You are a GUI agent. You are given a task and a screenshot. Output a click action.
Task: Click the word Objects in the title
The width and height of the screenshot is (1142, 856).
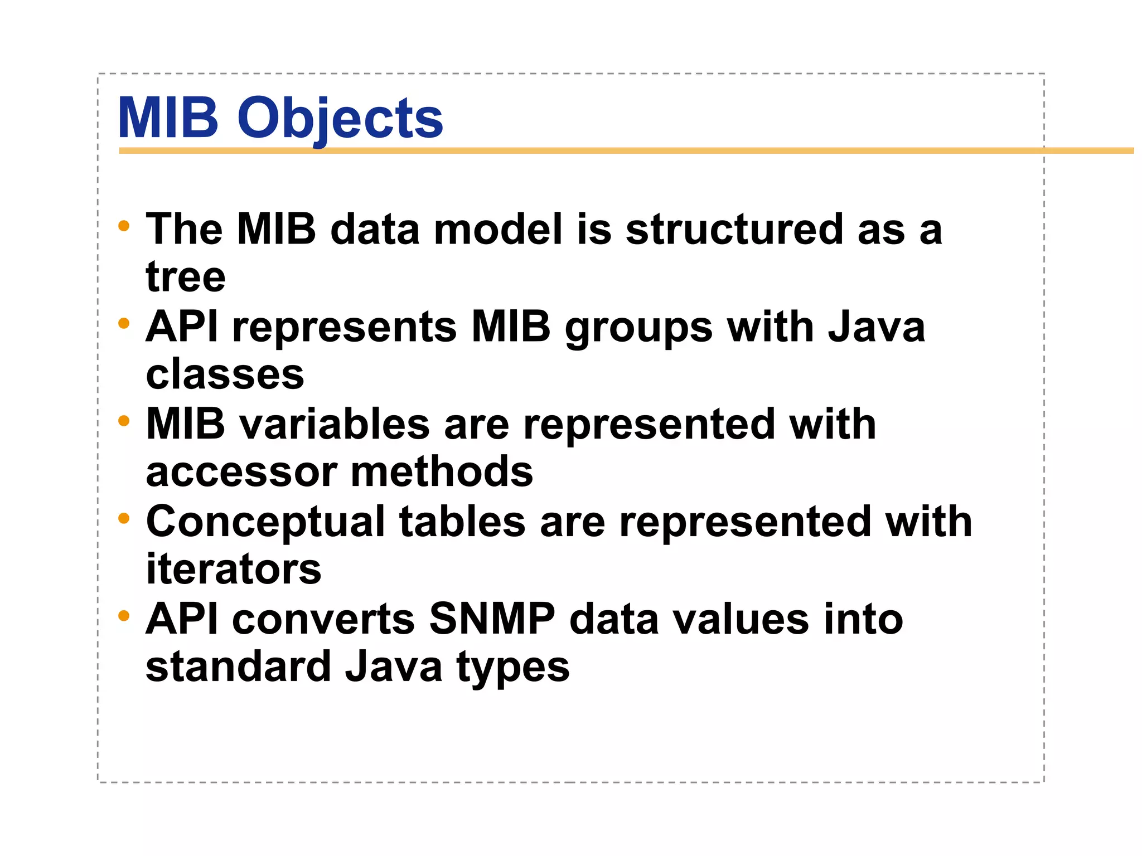(x=340, y=119)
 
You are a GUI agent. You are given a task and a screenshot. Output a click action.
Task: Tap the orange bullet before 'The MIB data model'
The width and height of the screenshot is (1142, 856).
(x=124, y=226)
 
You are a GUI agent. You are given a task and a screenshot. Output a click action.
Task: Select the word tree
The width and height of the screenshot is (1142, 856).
(x=186, y=277)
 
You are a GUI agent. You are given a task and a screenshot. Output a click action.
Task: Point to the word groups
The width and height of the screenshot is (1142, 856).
(x=638, y=328)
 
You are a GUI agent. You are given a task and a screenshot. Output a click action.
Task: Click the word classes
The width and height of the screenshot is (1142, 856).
(x=225, y=374)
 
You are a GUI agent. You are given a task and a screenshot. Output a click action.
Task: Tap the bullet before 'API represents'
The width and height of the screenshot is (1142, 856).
(x=124, y=323)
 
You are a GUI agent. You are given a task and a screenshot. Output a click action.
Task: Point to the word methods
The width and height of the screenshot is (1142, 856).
(x=442, y=472)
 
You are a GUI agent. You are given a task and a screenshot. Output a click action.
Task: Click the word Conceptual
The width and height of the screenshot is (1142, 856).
(x=265, y=523)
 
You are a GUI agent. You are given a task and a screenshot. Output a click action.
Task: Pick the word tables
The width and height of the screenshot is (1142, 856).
(x=462, y=522)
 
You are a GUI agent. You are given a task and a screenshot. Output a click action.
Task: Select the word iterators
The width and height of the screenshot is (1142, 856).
(x=234, y=569)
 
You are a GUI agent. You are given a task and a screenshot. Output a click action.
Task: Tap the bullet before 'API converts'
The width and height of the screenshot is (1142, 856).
(x=124, y=616)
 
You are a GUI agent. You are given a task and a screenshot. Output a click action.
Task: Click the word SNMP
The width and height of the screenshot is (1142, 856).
(x=492, y=619)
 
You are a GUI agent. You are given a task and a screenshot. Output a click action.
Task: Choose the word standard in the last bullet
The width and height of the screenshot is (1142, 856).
(x=239, y=667)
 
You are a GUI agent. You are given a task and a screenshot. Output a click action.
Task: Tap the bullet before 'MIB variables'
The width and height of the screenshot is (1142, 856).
(x=124, y=421)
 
